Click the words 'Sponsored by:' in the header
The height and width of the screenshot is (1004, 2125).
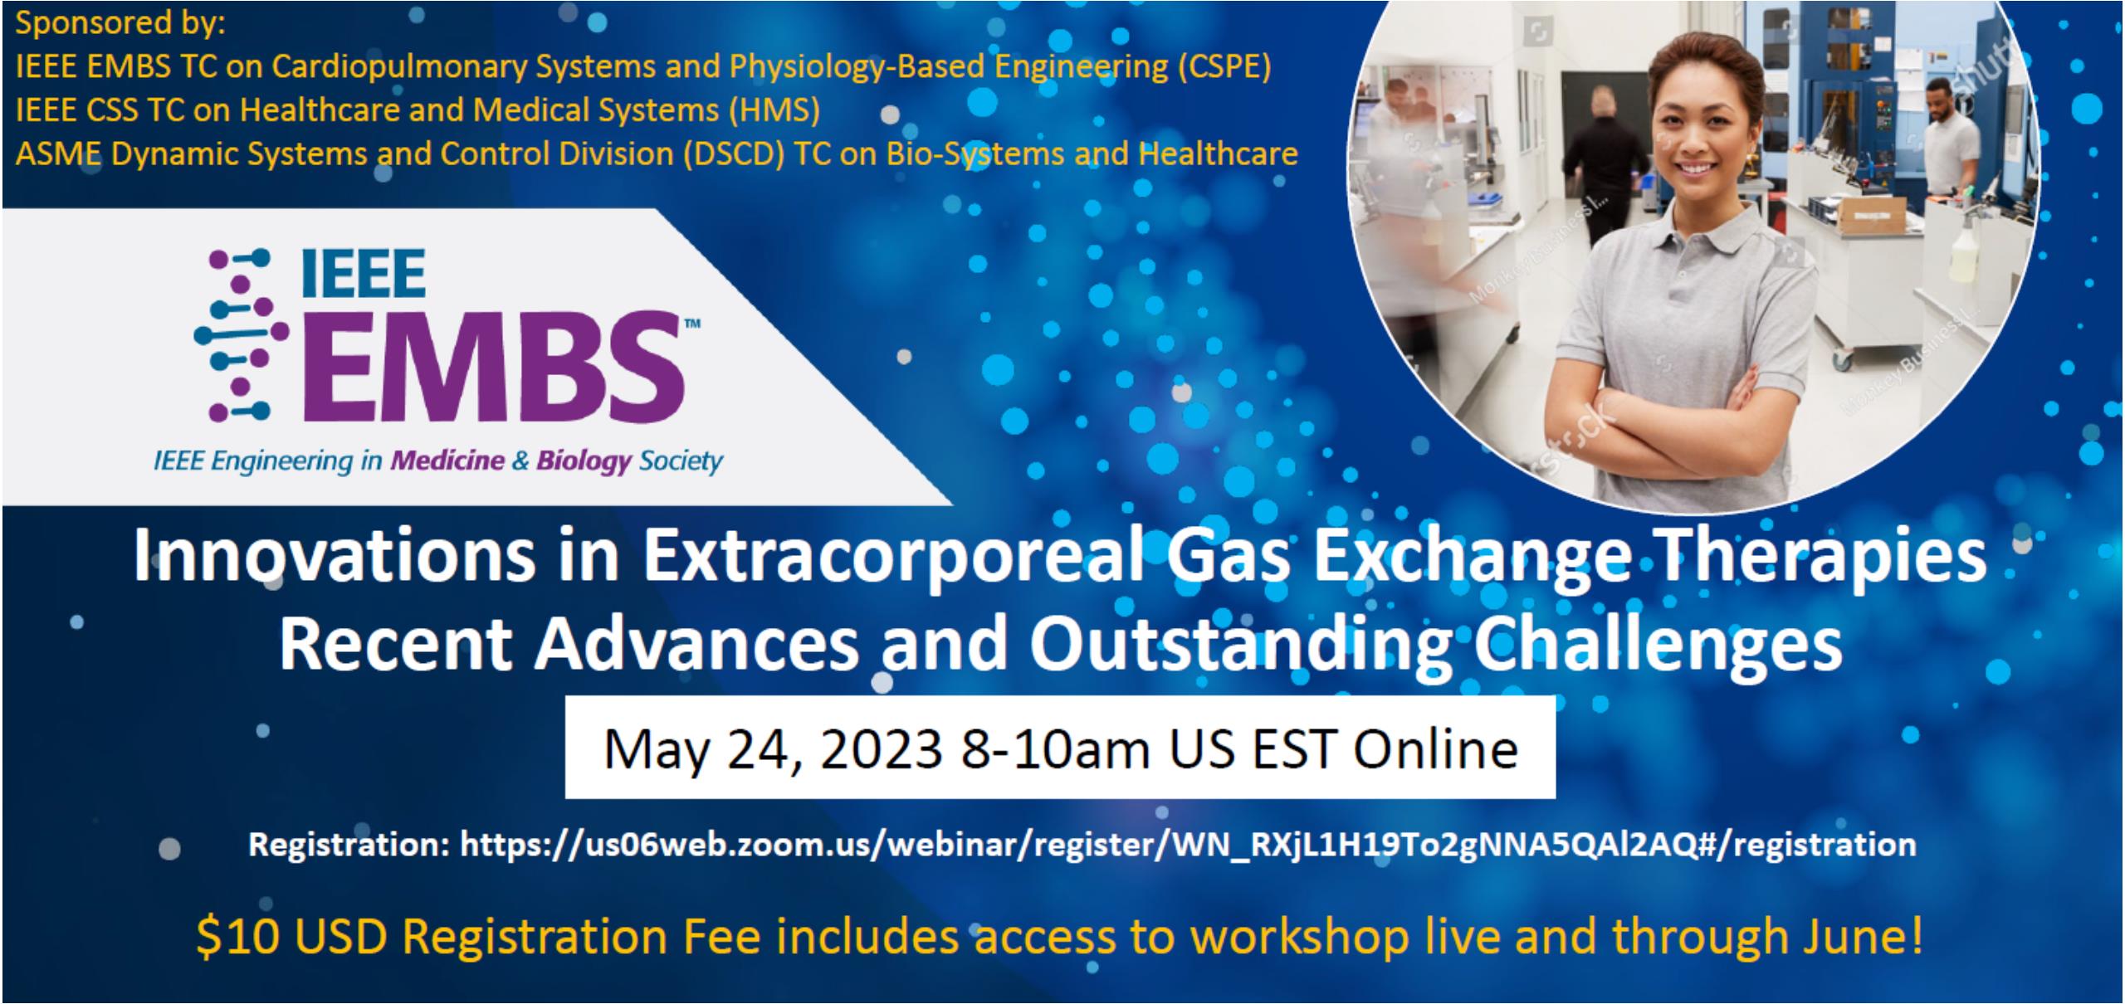(121, 23)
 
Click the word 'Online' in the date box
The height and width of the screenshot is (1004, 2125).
(1435, 749)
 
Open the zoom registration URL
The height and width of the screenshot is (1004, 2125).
(1188, 845)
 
